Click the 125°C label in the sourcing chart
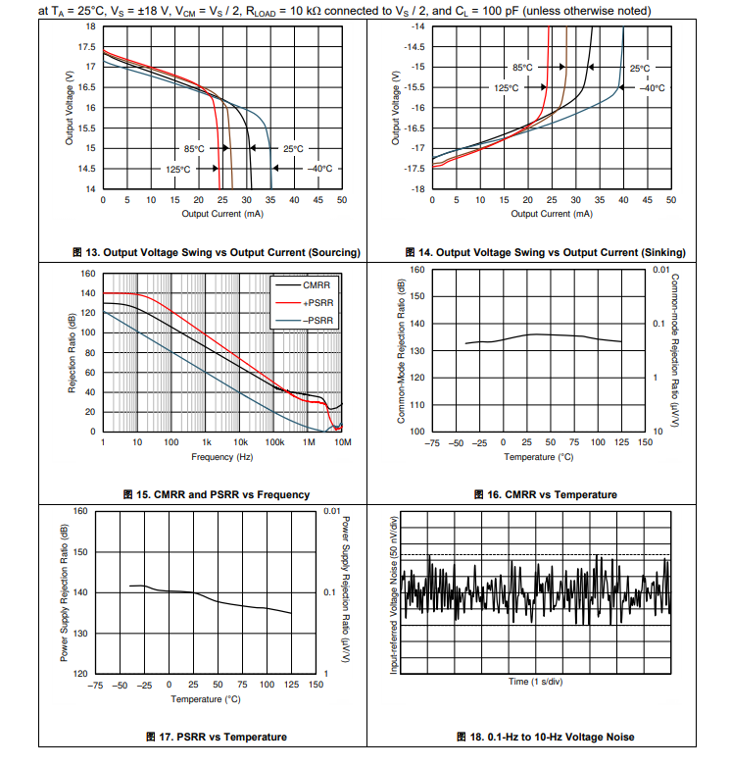click(x=178, y=169)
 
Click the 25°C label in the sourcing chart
click(x=293, y=148)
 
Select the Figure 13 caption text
click(x=217, y=252)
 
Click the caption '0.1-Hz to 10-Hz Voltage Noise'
click(x=546, y=737)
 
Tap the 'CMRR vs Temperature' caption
click(x=545, y=494)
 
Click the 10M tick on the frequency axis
click(x=342, y=443)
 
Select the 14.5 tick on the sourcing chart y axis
click(x=87, y=168)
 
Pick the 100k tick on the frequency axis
click(x=275, y=443)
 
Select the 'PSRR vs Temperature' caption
click(x=217, y=737)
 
